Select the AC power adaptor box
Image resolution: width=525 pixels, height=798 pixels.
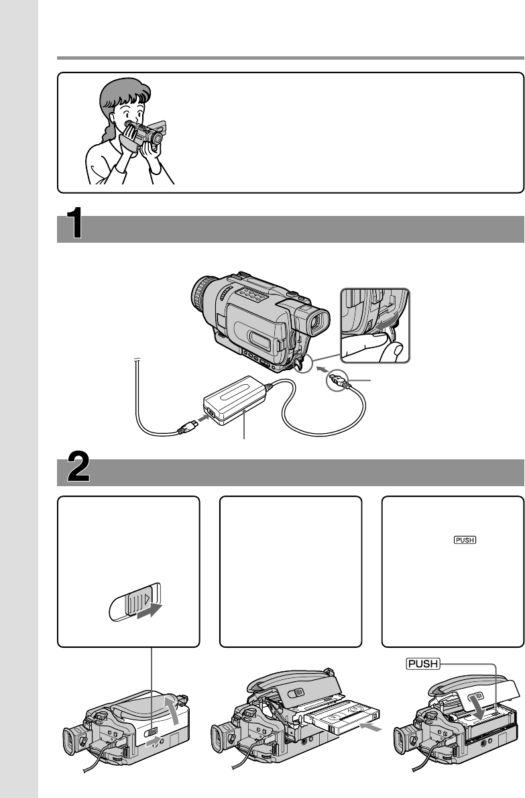[x=235, y=400]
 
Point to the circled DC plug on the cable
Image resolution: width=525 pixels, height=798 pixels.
[x=339, y=380]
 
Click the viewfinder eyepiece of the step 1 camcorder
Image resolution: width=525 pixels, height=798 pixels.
[x=317, y=323]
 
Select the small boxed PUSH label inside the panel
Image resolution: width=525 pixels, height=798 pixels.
[x=465, y=540]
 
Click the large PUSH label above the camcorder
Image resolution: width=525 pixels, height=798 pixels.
[x=422, y=664]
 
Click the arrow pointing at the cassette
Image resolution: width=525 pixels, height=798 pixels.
[x=370, y=728]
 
